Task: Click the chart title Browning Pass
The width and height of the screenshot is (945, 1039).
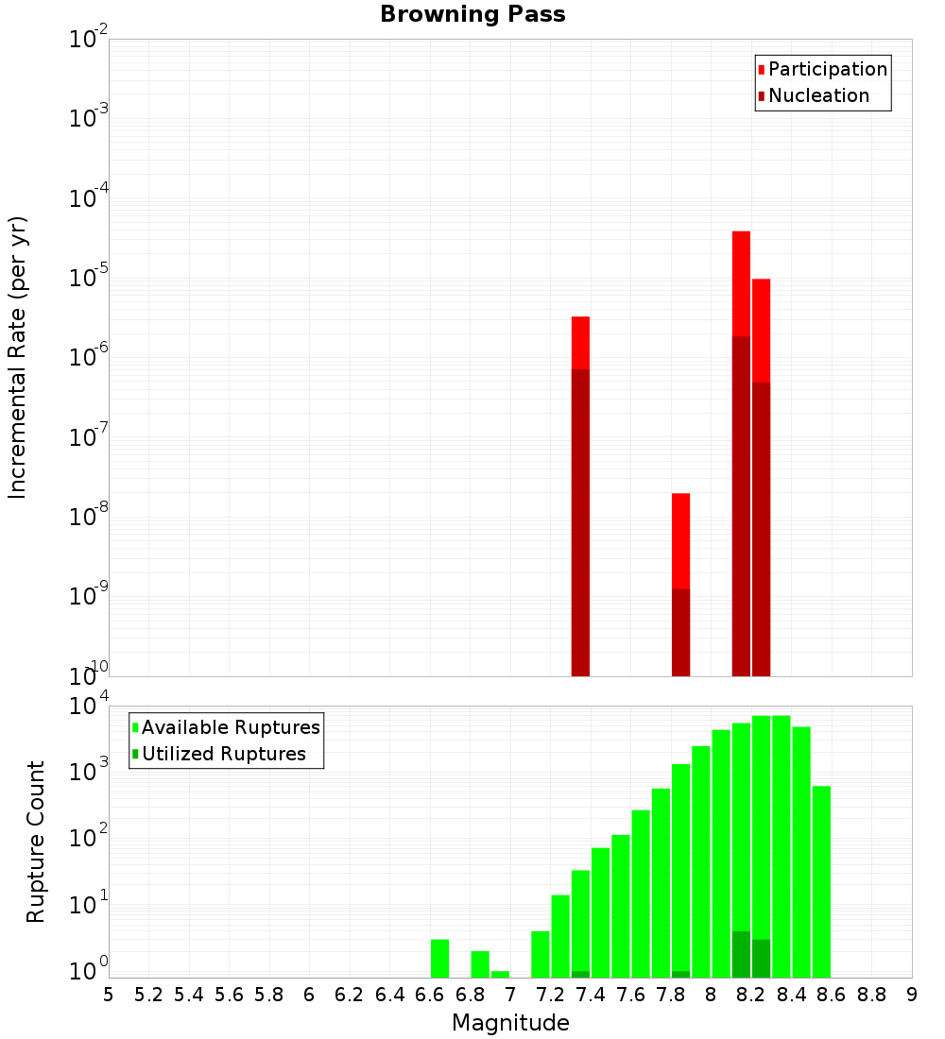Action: tap(472, 14)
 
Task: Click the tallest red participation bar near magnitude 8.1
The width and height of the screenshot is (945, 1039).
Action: tap(741, 283)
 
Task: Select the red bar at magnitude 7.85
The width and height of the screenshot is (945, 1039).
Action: tap(680, 538)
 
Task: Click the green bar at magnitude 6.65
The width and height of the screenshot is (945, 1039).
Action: tap(439, 958)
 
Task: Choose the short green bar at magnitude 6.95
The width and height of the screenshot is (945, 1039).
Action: tap(500, 974)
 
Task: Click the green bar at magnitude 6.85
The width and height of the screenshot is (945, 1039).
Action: tap(480, 963)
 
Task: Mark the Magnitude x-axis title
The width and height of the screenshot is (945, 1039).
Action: tap(510, 1023)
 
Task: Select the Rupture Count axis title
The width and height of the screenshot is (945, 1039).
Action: tap(36, 842)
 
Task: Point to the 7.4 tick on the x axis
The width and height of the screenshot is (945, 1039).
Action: tap(591, 995)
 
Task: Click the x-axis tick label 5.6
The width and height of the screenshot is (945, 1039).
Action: tap(230, 995)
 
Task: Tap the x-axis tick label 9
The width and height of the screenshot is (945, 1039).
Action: tap(911, 995)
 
